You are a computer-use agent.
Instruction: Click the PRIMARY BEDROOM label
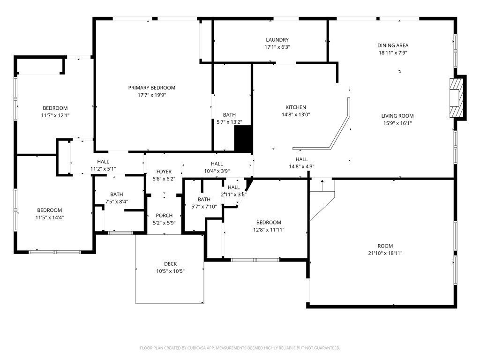pyautogui.click(x=152, y=88)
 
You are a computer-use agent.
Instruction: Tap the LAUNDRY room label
pyautogui.click(x=277, y=40)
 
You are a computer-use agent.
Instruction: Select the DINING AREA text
pyautogui.click(x=393, y=45)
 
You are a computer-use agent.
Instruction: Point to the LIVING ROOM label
pyautogui.click(x=397, y=116)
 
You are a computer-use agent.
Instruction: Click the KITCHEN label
pyautogui.click(x=296, y=107)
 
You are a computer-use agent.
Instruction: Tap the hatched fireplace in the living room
pyautogui.click(x=456, y=97)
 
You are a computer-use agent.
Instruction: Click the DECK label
pyautogui.click(x=170, y=264)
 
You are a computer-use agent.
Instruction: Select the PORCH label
pyautogui.click(x=164, y=216)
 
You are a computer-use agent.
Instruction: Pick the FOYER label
pyautogui.click(x=164, y=172)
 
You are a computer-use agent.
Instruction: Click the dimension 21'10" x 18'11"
pyautogui.click(x=385, y=253)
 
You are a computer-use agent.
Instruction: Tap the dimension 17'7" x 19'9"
pyautogui.click(x=152, y=95)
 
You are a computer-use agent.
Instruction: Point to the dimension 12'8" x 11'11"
pyautogui.click(x=269, y=230)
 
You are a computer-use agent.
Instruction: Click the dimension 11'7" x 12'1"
pyautogui.click(x=55, y=115)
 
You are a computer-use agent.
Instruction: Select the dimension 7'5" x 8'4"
pyautogui.click(x=117, y=202)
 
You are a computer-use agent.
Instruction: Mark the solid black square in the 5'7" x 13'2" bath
pyautogui.click(x=243, y=139)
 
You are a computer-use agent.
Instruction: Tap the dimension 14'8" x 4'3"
pyautogui.click(x=301, y=167)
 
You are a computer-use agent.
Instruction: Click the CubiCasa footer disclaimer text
pyautogui.click(x=240, y=348)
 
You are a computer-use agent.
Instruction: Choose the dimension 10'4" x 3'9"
pyautogui.click(x=217, y=172)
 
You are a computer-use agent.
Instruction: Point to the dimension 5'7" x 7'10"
pyautogui.click(x=204, y=207)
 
